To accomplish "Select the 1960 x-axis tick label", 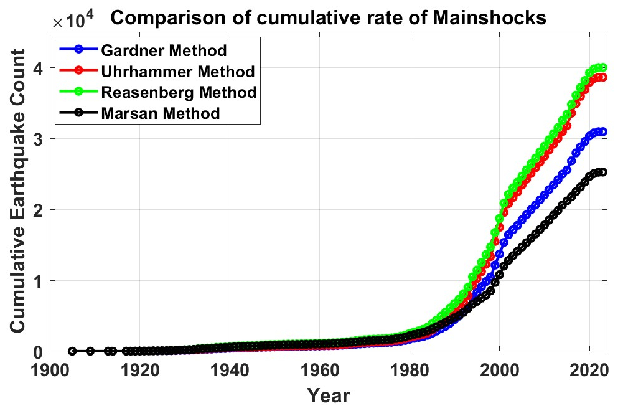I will tap(319, 369).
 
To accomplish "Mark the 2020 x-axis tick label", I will tap(589, 369).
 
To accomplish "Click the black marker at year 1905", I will tap(72, 351).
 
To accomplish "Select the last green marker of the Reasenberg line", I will tap(602, 67).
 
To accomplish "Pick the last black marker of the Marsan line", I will tap(602, 172).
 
